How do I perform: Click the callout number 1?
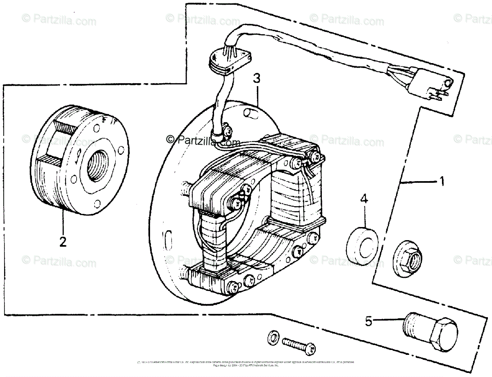pos(442,181)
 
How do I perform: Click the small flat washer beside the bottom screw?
pos(272,337)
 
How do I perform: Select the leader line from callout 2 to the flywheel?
pos(63,222)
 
